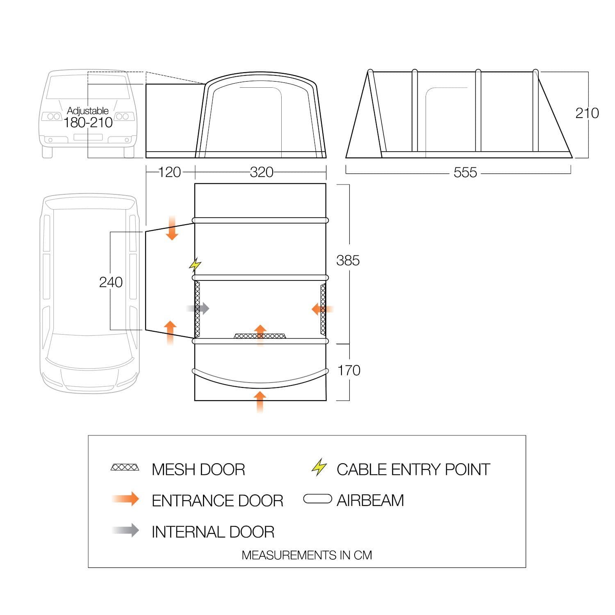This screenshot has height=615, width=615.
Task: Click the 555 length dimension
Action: [x=465, y=173]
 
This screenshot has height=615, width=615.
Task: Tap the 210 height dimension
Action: [x=587, y=113]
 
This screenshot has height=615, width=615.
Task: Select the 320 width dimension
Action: [x=262, y=172]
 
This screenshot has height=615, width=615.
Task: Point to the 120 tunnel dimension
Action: [x=169, y=172]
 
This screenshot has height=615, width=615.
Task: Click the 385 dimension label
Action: [x=348, y=260]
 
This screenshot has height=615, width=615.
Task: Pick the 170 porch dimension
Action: [x=348, y=371]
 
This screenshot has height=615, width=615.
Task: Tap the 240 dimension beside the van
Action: [x=111, y=282]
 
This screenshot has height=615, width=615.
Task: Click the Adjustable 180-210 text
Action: [x=88, y=118]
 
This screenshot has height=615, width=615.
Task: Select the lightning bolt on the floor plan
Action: [x=195, y=264]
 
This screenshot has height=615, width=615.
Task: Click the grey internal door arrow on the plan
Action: [x=198, y=308]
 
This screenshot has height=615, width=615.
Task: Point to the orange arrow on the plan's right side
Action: [x=323, y=309]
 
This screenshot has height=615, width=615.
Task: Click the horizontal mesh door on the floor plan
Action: [x=260, y=336]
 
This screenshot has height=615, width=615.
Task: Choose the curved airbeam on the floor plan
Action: [x=261, y=380]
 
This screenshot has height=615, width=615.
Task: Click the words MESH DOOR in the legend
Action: [x=198, y=469]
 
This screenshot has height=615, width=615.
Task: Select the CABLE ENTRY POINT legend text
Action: [x=413, y=469]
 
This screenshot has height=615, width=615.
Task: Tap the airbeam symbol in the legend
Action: [x=318, y=499]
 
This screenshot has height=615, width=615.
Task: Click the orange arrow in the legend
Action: [x=126, y=499]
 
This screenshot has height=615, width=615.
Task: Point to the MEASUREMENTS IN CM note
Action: [x=307, y=555]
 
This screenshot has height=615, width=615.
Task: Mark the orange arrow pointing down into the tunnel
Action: [x=172, y=228]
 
